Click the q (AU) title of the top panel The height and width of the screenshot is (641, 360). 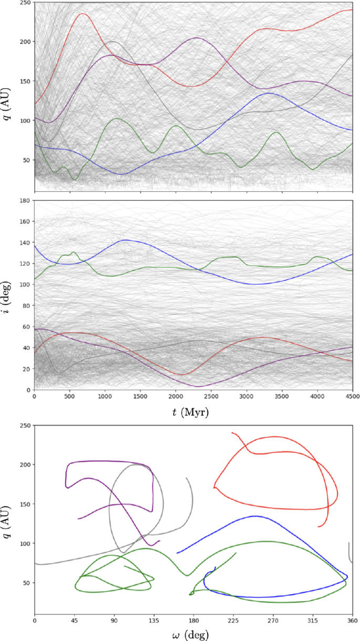[x=7, y=95]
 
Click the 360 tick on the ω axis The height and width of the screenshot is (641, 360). [x=352, y=621]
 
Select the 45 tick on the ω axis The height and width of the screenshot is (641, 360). [x=74, y=621]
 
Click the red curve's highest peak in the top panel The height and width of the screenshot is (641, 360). [x=83, y=14]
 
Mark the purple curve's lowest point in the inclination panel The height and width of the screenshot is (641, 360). [x=199, y=387]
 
